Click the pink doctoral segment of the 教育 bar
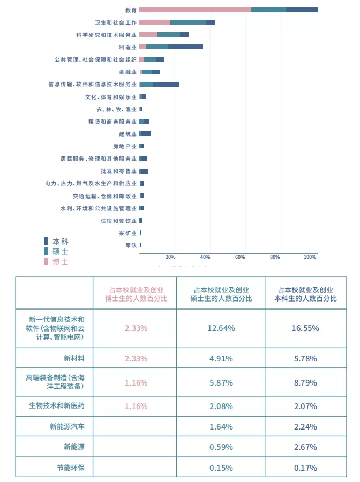[x=195, y=10]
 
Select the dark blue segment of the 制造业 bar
[x=185, y=47]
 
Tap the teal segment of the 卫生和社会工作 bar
[x=187, y=22]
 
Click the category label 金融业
[x=127, y=72]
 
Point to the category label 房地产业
[x=124, y=146]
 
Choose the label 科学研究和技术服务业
[x=106, y=35]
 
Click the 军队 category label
[x=131, y=245]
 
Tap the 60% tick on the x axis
[x=240, y=258]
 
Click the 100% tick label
[x=310, y=258]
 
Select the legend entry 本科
[x=60, y=242]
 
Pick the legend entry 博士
[x=60, y=262]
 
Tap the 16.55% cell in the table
[x=305, y=328]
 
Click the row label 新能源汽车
[x=67, y=427]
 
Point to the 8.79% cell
[x=305, y=383]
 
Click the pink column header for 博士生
[x=134, y=293]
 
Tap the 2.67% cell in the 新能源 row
[x=305, y=447]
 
